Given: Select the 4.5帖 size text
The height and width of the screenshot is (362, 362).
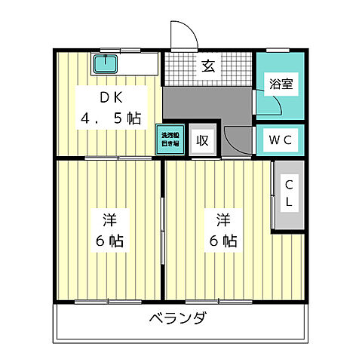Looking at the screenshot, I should [111, 118].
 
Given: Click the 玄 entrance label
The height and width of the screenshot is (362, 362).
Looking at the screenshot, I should [207, 66].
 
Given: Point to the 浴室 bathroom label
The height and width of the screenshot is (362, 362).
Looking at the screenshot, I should [281, 84].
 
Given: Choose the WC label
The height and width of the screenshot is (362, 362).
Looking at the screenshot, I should [281, 140].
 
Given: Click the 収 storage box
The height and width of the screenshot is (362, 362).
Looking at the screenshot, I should [202, 140].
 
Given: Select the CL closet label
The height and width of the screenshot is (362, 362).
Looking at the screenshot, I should [289, 194].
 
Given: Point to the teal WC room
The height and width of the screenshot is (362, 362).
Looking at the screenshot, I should [281, 140].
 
